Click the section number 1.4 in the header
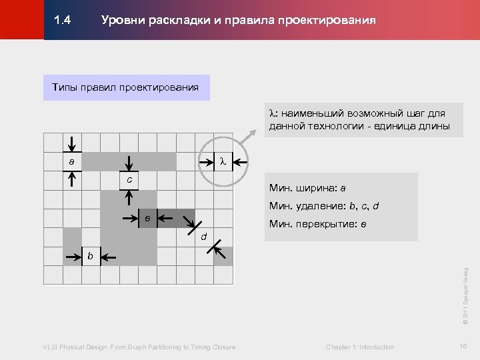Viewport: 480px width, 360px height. coord(63,21)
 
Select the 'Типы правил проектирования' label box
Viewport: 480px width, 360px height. coord(126,87)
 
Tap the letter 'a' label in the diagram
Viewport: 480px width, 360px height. coord(71,162)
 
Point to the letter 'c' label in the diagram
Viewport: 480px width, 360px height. coord(130,179)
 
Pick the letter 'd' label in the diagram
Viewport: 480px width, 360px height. coord(204,236)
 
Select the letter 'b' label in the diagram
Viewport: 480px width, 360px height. coord(90,256)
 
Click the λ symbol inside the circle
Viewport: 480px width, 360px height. coord(223,161)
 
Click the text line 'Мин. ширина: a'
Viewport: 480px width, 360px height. coord(307,188)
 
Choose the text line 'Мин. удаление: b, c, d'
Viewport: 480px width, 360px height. coord(324,206)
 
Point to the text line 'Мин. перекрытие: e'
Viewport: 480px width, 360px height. coord(317,224)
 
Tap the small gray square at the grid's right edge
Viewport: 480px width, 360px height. coord(225,256)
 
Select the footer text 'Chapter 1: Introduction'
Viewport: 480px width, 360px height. coord(360,347)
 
